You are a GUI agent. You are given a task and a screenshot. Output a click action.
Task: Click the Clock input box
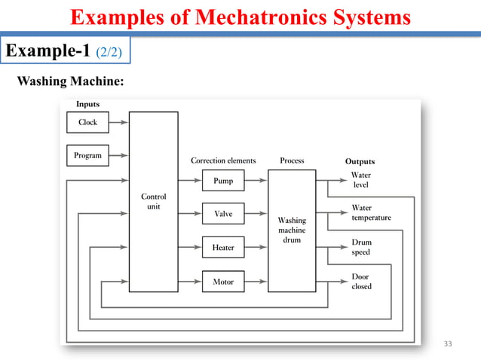87,122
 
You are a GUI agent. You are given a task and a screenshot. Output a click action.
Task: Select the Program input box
87,156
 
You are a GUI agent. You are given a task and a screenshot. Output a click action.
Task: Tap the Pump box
223,181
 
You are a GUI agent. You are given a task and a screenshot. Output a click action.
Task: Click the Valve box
223,214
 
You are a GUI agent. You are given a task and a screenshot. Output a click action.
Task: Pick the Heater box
223,248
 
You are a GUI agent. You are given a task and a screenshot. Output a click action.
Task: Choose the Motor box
223,282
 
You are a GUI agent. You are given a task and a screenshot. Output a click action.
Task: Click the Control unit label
154,201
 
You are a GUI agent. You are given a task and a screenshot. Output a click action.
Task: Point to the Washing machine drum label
292,230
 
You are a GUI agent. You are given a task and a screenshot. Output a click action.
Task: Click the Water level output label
361,180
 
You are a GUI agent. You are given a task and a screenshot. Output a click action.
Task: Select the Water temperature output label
371,213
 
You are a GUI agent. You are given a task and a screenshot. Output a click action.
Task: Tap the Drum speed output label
361,248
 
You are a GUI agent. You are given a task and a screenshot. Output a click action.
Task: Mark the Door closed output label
361,282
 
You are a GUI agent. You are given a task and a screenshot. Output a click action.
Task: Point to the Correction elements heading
223,160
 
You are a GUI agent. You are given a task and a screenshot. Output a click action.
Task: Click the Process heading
292,160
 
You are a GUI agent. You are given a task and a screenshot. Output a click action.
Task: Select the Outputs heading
360,161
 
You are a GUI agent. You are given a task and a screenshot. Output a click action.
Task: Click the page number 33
449,344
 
